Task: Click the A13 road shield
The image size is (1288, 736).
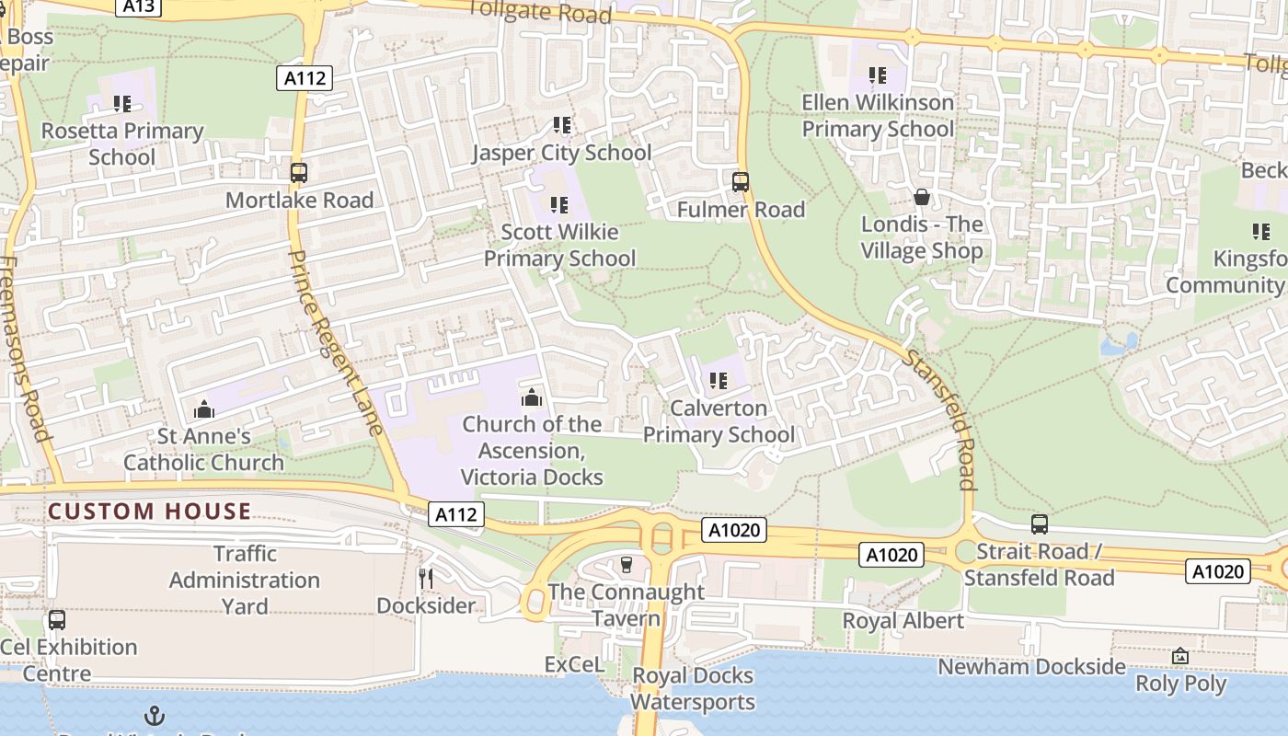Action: pos(139,6)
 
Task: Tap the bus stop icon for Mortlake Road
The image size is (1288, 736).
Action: pos(299,172)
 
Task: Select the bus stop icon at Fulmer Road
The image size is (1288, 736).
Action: pos(741,181)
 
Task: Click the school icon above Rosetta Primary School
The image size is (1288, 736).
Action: pos(121,104)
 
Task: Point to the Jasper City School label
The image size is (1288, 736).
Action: pos(561,153)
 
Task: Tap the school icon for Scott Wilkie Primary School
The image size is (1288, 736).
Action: pos(558,204)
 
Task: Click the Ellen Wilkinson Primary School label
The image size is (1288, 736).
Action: pos(878,116)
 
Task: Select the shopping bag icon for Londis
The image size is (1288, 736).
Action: pos(921,197)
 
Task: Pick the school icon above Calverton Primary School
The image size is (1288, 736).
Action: pos(719,380)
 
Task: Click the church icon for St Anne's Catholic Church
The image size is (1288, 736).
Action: pos(204,408)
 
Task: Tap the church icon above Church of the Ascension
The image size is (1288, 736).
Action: pos(531,397)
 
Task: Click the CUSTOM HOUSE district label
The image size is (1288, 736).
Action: pos(149,512)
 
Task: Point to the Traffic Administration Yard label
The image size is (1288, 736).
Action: pos(245,580)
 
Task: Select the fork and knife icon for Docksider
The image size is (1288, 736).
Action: pos(426,578)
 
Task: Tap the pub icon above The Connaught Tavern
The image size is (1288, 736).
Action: pos(627,564)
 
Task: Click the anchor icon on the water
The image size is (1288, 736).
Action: pos(155,716)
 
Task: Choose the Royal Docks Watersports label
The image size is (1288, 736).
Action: pos(692,688)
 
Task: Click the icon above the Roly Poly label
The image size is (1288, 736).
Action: pos(1180,656)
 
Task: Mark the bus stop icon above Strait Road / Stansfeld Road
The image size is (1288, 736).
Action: pos(1039,524)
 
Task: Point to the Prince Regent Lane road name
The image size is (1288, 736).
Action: pos(335,341)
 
